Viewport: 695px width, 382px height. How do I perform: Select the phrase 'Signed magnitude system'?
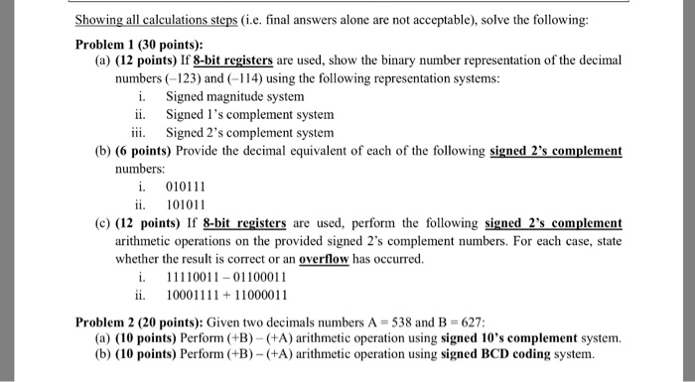click(235, 97)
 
